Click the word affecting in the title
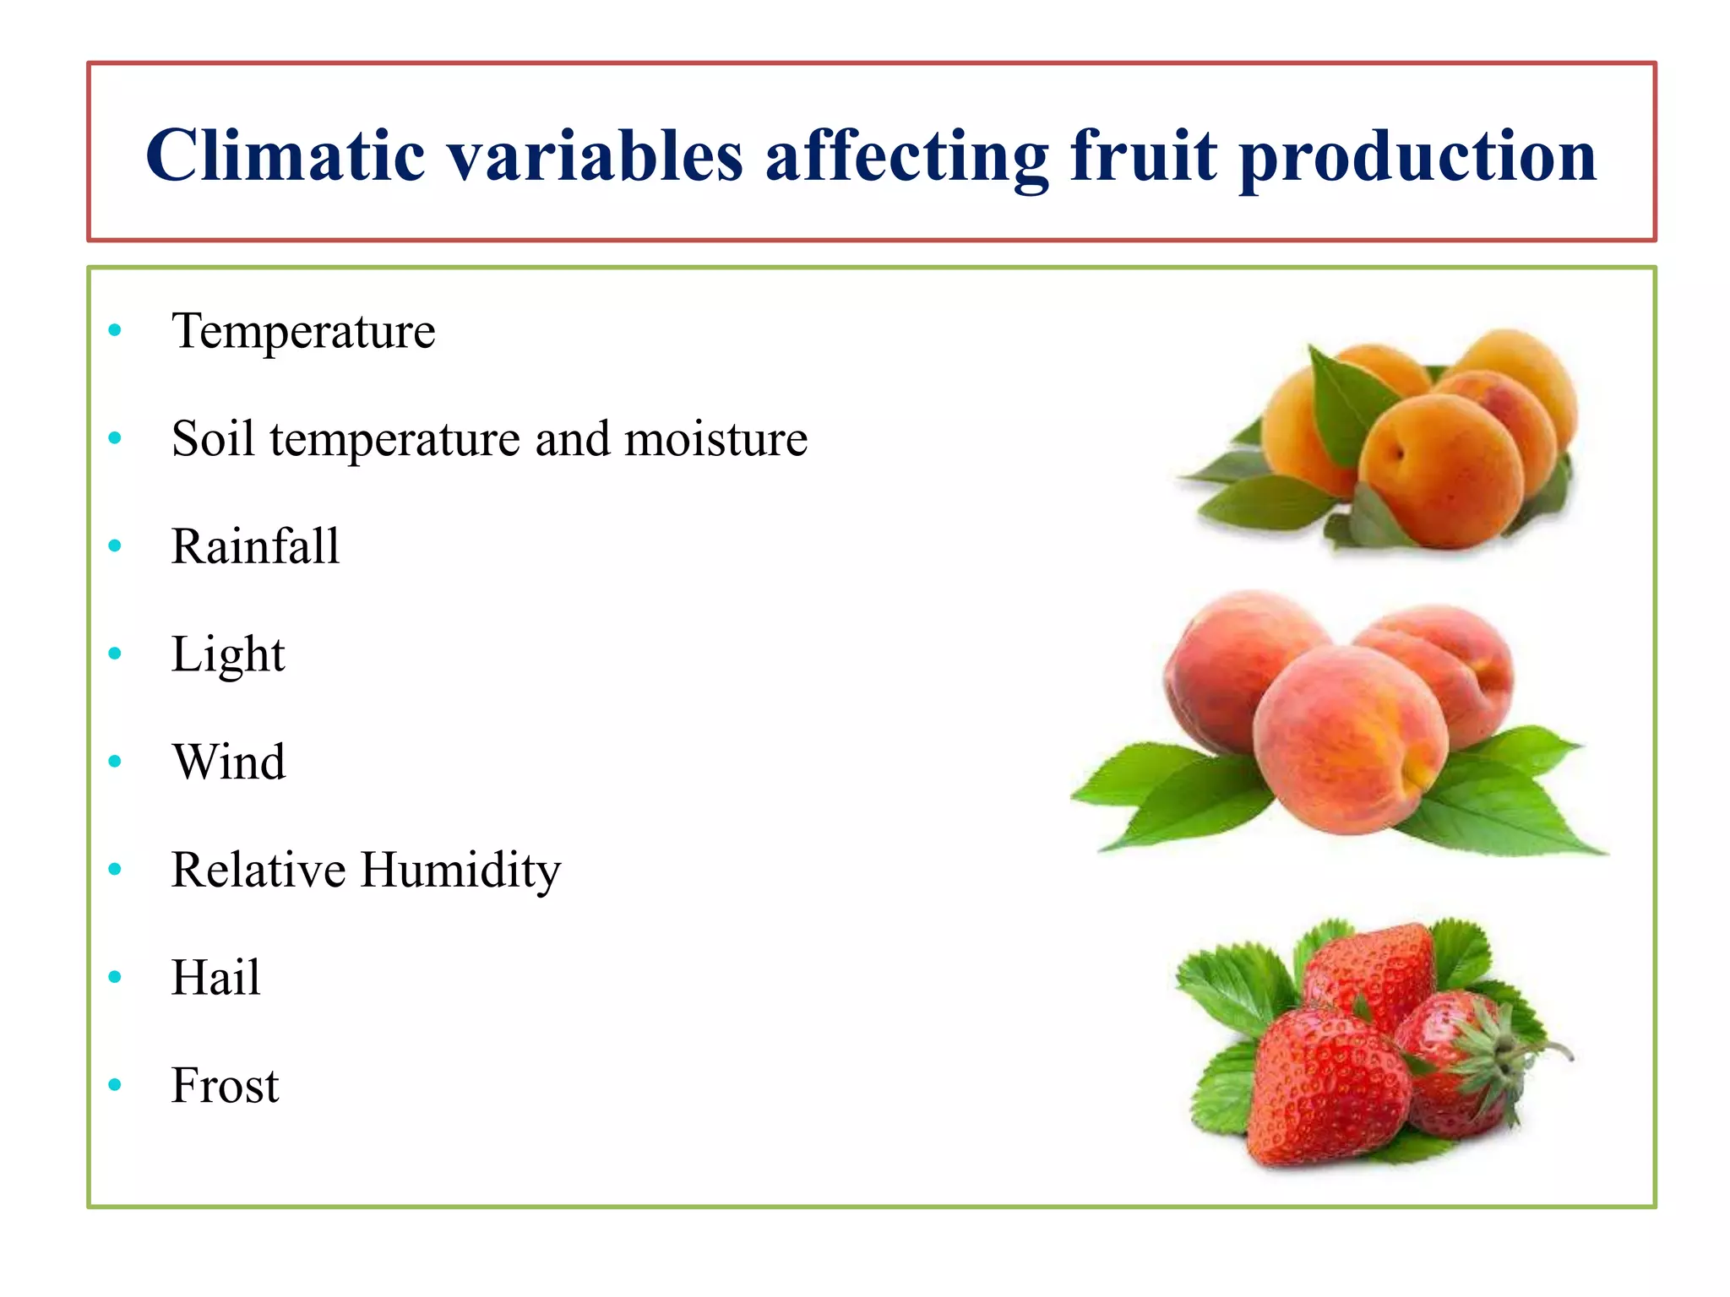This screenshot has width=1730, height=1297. (x=906, y=157)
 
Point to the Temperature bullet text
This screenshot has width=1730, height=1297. (x=303, y=330)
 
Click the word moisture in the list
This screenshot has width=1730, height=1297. (x=715, y=438)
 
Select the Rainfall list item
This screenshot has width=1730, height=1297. (x=255, y=545)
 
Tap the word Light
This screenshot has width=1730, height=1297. (x=228, y=654)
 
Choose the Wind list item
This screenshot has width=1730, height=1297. (x=229, y=762)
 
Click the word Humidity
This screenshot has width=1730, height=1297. (x=460, y=870)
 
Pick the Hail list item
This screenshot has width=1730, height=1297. (x=215, y=978)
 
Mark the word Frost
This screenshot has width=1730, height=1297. (x=225, y=1086)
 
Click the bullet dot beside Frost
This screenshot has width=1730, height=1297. (x=116, y=1085)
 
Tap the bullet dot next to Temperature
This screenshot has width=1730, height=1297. (x=116, y=330)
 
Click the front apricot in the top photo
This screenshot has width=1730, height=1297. (x=1439, y=471)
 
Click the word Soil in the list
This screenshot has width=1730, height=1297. (x=213, y=438)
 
